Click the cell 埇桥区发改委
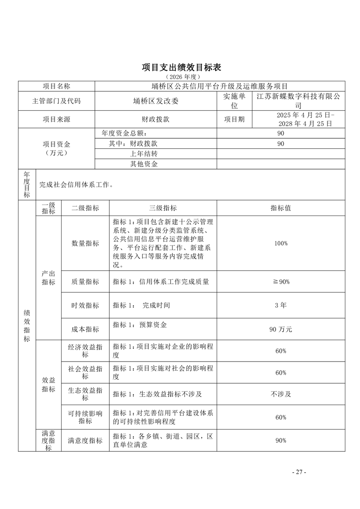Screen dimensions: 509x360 156,101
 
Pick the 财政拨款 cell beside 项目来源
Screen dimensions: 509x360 156,119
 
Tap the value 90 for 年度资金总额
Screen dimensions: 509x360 280,133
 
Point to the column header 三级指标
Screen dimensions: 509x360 163,208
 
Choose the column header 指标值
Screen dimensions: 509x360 280,208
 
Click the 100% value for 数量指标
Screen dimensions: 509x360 280,244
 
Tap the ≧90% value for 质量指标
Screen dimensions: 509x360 280,282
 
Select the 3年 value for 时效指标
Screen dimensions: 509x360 280,305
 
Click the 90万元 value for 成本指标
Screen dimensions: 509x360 280,329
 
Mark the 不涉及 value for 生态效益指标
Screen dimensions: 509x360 280,394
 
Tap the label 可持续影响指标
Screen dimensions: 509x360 85,417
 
